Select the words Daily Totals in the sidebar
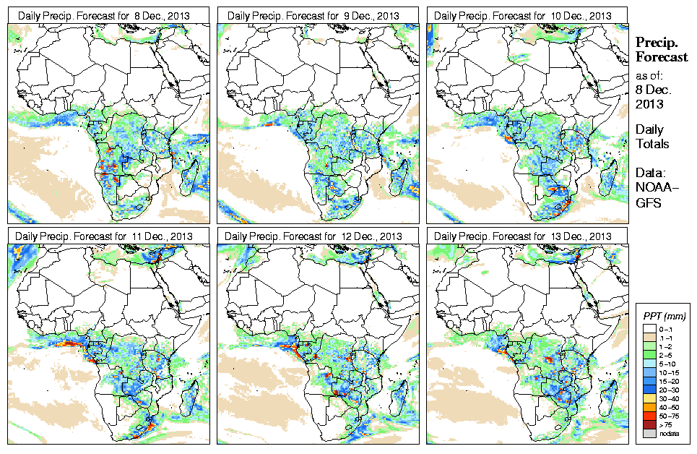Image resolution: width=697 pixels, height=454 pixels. (x=651, y=137)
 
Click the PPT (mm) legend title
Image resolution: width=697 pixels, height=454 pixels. (x=664, y=317)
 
